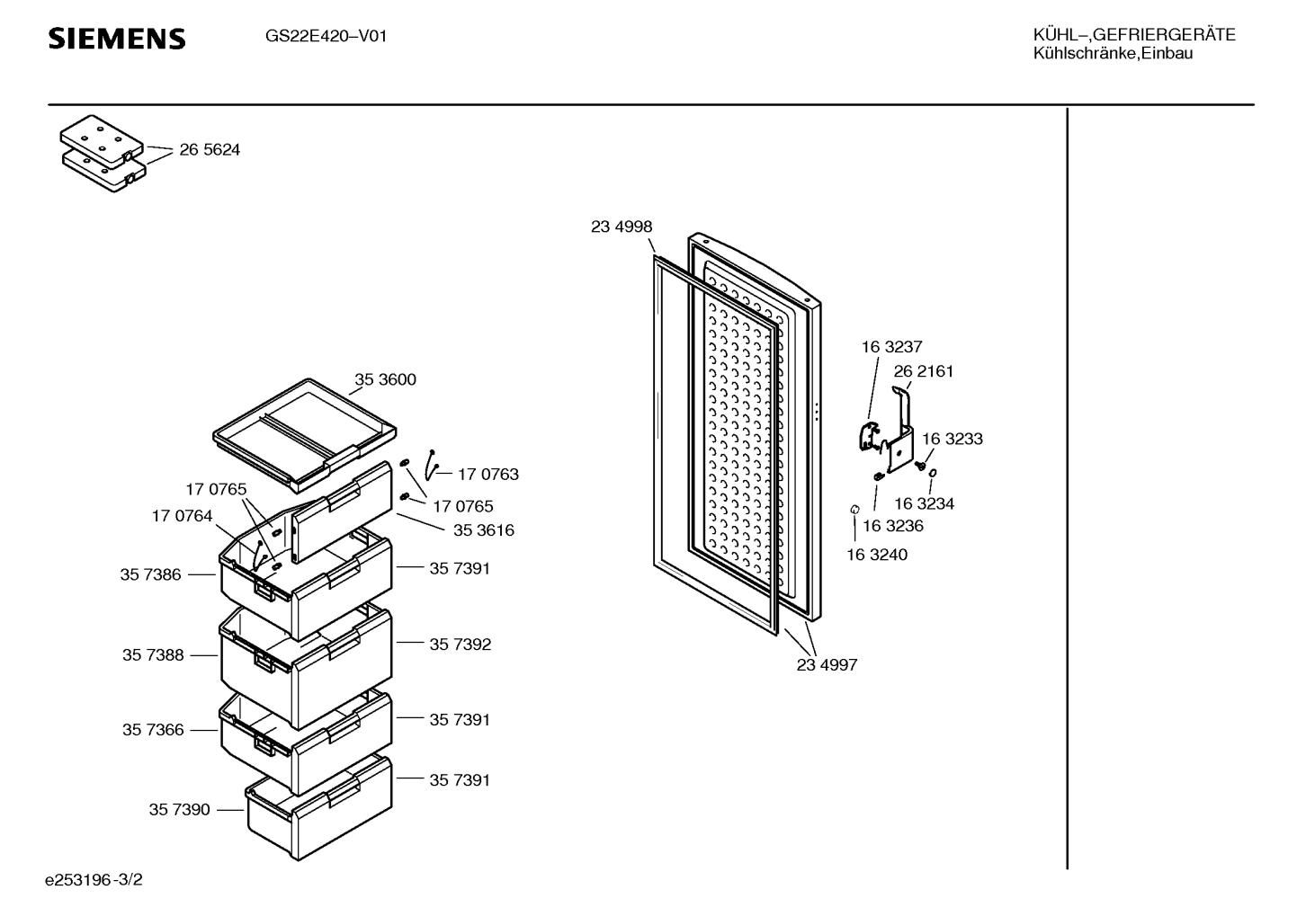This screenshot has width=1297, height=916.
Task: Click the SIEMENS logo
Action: point(117,39)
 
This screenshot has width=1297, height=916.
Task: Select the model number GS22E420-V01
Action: point(326,37)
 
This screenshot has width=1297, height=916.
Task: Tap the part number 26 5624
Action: point(210,150)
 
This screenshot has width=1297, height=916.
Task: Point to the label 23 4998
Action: point(622,227)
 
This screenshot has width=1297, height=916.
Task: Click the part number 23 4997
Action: point(827,665)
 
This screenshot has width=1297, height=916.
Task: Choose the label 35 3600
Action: point(385,379)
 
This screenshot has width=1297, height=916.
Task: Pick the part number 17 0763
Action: point(488,475)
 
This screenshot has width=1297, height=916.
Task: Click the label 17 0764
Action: point(182,516)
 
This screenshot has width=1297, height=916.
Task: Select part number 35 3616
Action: point(484,530)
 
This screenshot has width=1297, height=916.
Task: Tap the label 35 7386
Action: point(150,574)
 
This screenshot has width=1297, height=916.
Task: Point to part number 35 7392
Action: point(461,645)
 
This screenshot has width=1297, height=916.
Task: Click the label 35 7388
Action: point(153,655)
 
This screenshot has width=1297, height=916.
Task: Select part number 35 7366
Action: point(153,730)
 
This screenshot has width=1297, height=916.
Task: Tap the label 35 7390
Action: point(180,810)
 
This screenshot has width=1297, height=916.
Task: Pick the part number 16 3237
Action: point(891,347)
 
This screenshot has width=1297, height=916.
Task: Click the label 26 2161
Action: point(924,371)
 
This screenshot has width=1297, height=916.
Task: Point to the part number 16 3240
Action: point(877,555)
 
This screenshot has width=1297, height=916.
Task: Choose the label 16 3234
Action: point(924,504)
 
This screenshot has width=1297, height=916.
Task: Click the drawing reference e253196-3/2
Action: point(94,880)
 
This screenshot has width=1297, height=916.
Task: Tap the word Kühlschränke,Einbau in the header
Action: point(1113,54)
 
